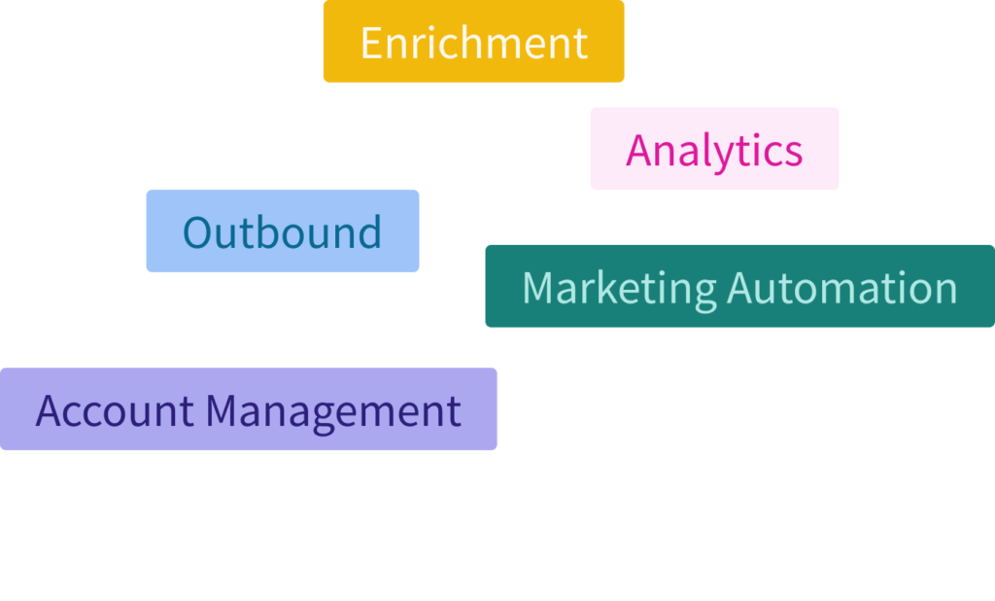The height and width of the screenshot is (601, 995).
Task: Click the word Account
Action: pyautogui.click(x=115, y=410)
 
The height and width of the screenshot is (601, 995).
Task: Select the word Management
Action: pyautogui.click(x=332, y=410)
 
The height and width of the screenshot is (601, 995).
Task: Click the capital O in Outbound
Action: pyautogui.click(x=197, y=232)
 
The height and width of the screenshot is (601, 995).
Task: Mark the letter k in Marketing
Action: pyautogui.click(x=604, y=288)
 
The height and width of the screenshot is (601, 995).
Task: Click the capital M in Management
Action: pyautogui.click(x=223, y=410)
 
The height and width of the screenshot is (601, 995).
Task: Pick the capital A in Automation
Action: pyautogui.click(x=741, y=288)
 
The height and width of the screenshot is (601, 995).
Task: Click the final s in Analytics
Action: pyautogui.click(x=794, y=152)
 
